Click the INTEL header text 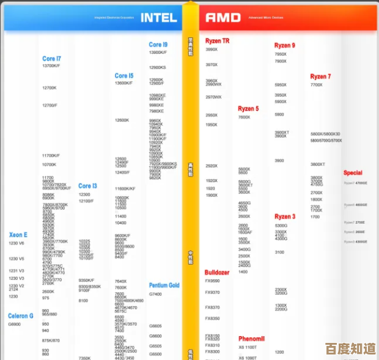click(x=159, y=18)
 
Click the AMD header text click(x=223, y=18)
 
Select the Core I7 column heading click(x=51, y=59)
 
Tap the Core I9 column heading click(x=158, y=45)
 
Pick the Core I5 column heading click(x=124, y=76)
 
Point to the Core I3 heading click(x=87, y=186)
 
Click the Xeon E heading click(x=18, y=235)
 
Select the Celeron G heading click(x=21, y=316)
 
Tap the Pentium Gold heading click(x=164, y=285)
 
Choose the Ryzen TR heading click(x=217, y=41)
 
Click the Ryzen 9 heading click(x=284, y=45)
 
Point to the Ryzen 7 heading click(x=320, y=77)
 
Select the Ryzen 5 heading click(x=248, y=109)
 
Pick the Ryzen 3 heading click(x=285, y=217)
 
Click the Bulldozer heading click(x=217, y=272)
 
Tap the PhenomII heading click(x=251, y=339)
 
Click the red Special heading click(x=353, y=173)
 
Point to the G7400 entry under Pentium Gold click(x=155, y=294)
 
